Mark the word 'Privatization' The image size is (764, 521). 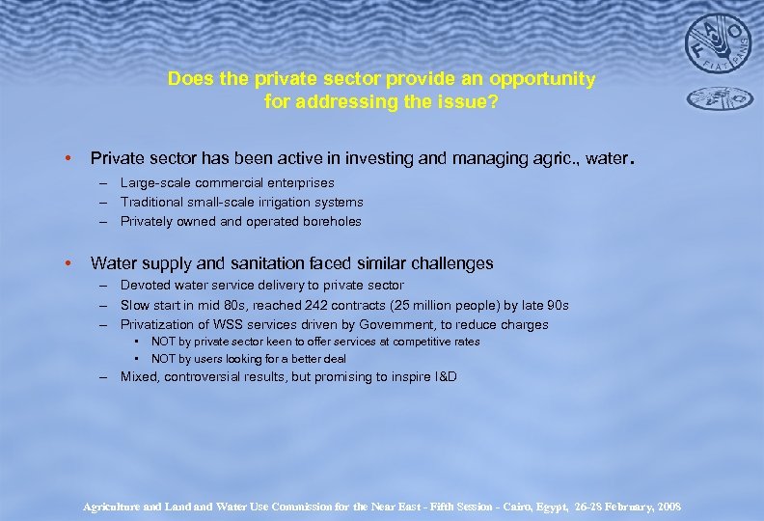(157, 324)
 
